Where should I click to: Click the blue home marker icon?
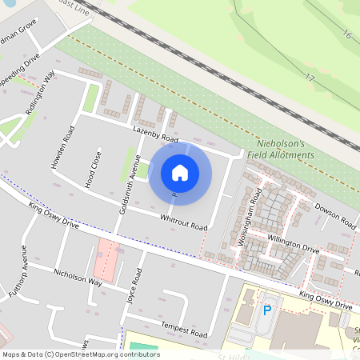point(180,173)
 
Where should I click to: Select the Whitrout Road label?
point(183,220)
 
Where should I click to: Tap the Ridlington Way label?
point(40,95)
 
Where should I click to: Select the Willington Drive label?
point(294,246)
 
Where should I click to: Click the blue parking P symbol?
point(267,310)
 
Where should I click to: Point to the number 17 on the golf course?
point(309,78)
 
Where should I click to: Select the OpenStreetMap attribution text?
point(81,354)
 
